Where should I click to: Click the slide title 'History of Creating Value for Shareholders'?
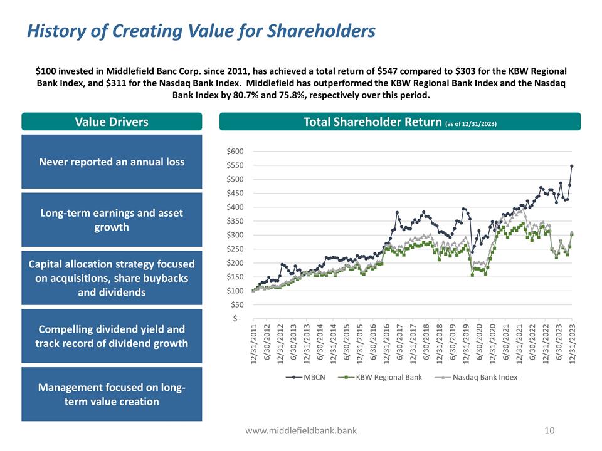point(201,31)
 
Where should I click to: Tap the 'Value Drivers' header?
point(112,122)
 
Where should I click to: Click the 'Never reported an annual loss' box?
point(112,162)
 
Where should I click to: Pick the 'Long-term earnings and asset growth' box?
point(112,220)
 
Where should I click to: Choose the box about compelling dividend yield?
point(112,336)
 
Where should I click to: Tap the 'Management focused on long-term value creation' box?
point(112,394)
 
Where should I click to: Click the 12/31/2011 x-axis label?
point(254,343)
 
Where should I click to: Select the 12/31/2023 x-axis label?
point(573,343)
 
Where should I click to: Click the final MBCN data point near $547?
point(572,166)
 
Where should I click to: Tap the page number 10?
point(550,430)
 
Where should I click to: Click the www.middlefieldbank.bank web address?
point(301,430)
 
